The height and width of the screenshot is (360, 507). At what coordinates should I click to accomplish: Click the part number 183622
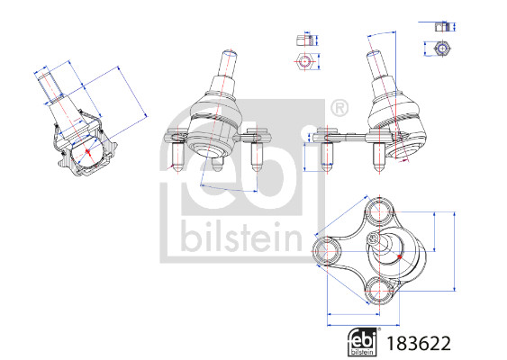click(419, 343)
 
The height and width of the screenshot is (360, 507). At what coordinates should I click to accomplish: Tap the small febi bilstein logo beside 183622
click(363, 343)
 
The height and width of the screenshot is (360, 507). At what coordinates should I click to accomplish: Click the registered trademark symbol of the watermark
click(340, 109)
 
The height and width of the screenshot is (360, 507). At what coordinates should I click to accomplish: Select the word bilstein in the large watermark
click(241, 236)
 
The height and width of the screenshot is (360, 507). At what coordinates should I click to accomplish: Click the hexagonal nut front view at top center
click(304, 61)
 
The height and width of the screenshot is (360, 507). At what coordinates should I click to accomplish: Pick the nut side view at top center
click(305, 40)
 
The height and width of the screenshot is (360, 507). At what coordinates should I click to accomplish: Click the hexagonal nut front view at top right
click(441, 49)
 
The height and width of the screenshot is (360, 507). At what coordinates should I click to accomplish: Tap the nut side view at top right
click(442, 26)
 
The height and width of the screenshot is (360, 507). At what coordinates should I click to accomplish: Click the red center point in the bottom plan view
click(400, 256)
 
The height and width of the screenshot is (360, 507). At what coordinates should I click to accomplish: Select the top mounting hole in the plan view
click(378, 212)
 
